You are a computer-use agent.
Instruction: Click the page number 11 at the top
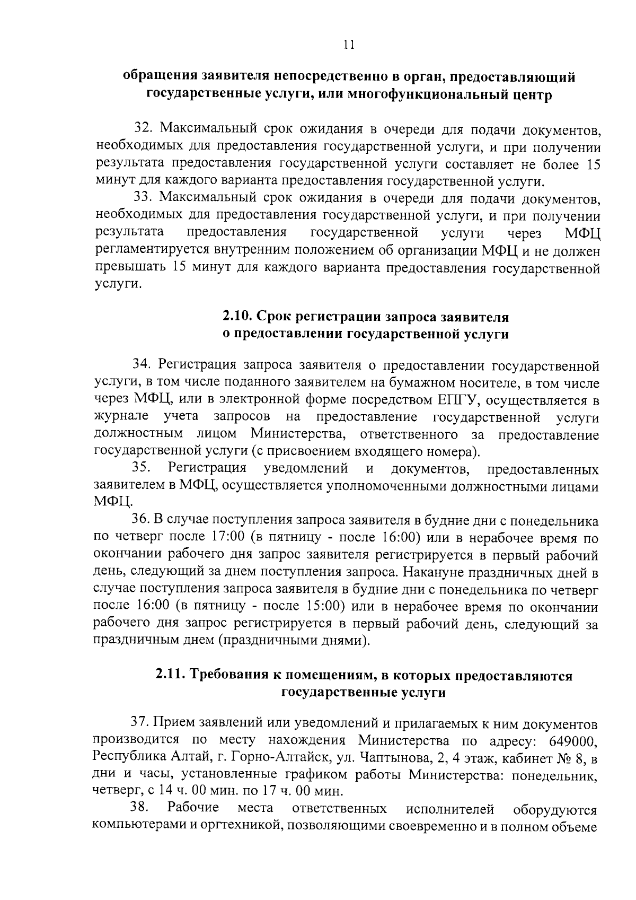348,45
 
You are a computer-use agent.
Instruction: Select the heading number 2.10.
236,317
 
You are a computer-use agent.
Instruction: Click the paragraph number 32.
143,129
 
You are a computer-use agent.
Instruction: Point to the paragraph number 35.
143,468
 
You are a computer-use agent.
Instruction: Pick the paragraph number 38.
142,809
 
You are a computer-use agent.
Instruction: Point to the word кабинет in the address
523,758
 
